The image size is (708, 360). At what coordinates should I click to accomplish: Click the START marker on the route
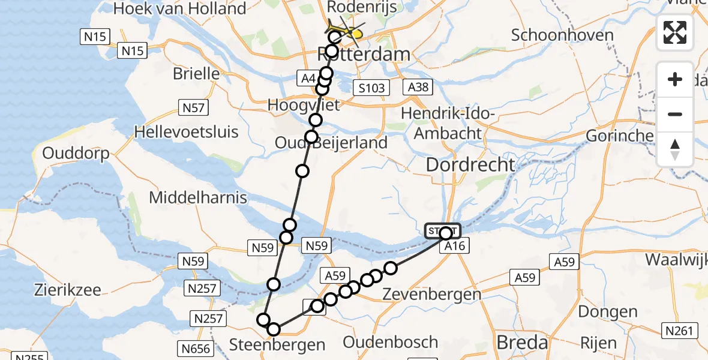[443, 231]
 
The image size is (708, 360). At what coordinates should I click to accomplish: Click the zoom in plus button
[675, 79]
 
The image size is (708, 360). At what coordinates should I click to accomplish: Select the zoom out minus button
[675, 114]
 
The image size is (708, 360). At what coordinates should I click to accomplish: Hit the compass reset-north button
[675, 149]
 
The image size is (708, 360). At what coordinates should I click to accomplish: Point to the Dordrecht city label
[470, 164]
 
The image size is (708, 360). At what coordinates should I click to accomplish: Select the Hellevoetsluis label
[187, 131]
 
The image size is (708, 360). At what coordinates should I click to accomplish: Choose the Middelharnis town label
[198, 197]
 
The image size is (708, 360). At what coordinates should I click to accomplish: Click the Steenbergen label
[277, 345]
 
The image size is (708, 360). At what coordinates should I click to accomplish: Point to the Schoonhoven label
[562, 35]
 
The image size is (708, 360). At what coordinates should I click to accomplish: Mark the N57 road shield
[193, 108]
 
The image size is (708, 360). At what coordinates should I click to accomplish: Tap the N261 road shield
[679, 330]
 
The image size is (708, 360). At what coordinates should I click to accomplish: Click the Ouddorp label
[76, 154]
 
